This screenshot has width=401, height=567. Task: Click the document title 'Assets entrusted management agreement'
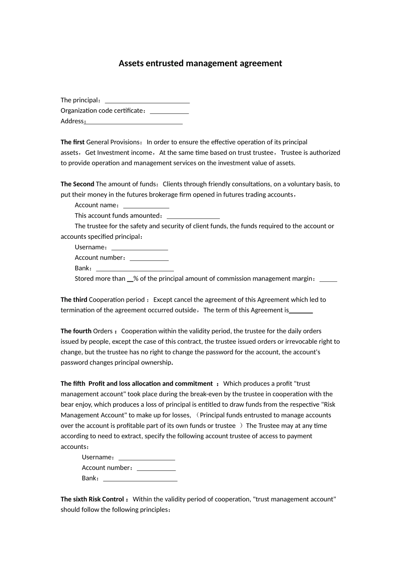pos(200,63)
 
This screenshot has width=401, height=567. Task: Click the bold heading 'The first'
pos(73,142)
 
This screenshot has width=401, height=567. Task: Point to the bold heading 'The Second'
pos(77,184)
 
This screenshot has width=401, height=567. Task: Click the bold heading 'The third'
pos(74,300)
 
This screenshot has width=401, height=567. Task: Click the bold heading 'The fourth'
pos(76,331)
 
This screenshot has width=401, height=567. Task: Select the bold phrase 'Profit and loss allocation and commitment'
pos(150,384)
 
